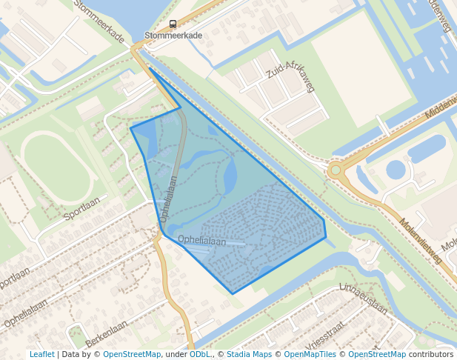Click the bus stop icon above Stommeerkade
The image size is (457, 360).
[173, 24]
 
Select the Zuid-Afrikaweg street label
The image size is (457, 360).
[290, 76]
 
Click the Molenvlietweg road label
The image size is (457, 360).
[420, 241]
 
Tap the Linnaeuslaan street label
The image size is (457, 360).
[363, 298]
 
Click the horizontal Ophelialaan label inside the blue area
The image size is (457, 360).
[202, 241]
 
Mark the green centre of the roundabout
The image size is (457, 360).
[336, 170]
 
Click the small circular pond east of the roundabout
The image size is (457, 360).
[396, 170]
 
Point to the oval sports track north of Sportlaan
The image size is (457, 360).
[56, 167]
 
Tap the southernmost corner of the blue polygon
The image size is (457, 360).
[233, 294]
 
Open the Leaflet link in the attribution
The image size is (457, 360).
[41, 354]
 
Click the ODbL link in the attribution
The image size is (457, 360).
[200, 354]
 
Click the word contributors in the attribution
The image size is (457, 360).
[431, 354]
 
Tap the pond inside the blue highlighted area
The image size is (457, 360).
[230, 175]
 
